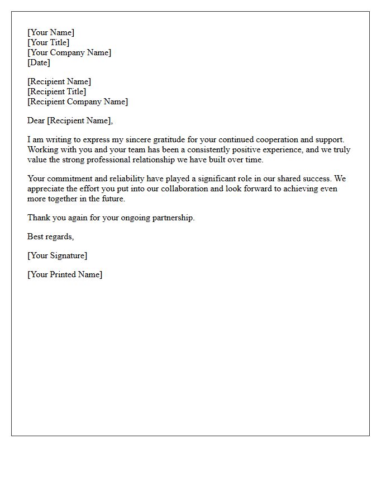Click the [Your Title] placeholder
point(49,42)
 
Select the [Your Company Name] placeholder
point(69,52)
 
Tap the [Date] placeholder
point(39,62)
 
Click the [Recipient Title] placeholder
point(57,91)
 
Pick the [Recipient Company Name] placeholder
point(78,102)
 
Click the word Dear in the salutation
point(36,120)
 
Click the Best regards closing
point(50,236)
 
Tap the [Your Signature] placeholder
point(57,255)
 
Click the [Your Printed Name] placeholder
point(65,274)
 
